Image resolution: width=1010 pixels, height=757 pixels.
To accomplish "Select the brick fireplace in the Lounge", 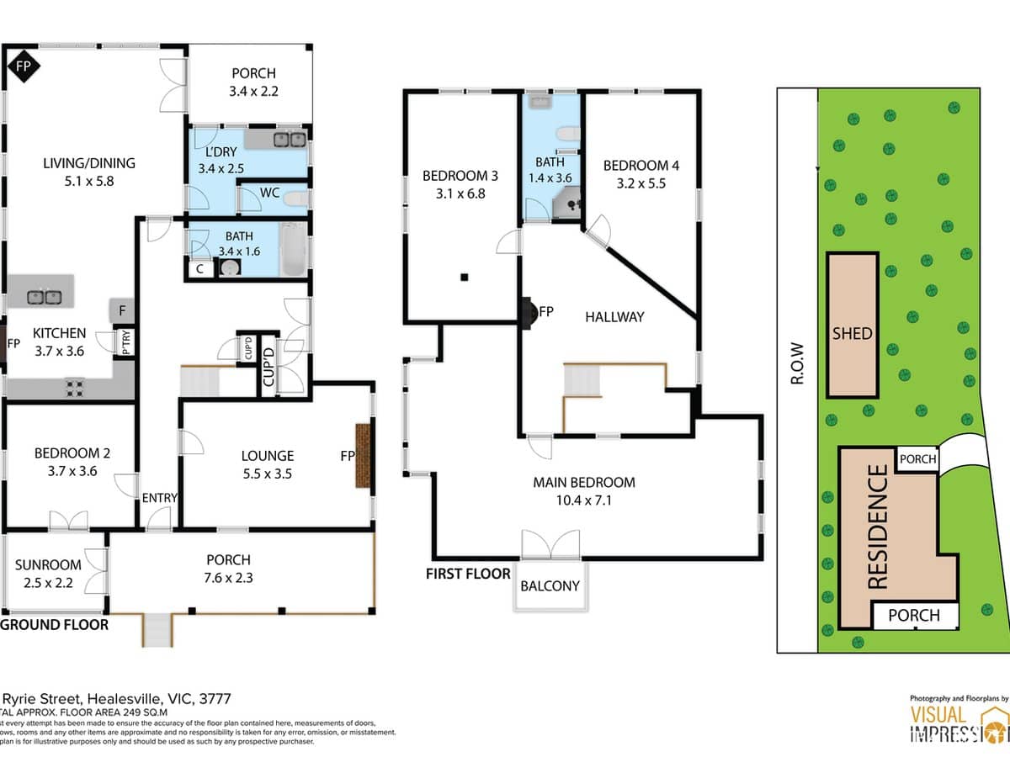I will pyautogui.click(x=364, y=457).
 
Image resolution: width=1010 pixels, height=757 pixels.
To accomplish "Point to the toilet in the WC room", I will pyautogui.click(x=295, y=199).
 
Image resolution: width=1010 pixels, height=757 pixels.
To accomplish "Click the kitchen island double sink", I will pyautogui.click(x=42, y=296).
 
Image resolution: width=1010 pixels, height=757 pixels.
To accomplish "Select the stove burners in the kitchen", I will pyautogui.click(x=74, y=388).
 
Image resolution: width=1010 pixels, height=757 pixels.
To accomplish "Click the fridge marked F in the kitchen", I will pyautogui.click(x=123, y=311).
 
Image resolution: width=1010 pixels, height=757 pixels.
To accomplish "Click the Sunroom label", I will pyautogui.click(x=48, y=565).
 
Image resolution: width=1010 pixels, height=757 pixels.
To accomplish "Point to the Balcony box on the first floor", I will pyautogui.click(x=550, y=585).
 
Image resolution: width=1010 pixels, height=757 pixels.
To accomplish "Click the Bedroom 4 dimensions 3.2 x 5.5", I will pyautogui.click(x=641, y=183).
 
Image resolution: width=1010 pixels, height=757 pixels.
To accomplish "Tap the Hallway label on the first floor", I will pyautogui.click(x=614, y=316).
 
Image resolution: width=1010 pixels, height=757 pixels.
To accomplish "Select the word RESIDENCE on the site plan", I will pyautogui.click(x=877, y=527).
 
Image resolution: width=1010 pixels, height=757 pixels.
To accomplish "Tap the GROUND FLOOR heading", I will pyautogui.click(x=55, y=625).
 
